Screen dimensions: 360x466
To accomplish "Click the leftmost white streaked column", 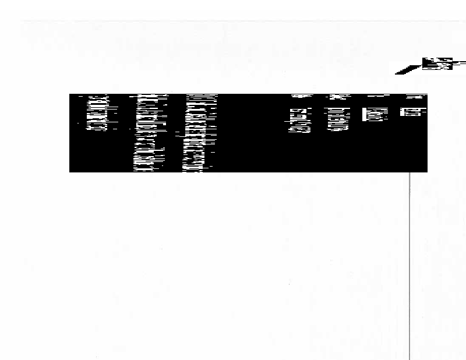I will (97, 114).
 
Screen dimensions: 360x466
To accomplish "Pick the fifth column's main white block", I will (338, 119).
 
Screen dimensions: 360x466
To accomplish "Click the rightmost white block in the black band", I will (413, 112).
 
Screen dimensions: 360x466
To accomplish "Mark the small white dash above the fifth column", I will (337, 97).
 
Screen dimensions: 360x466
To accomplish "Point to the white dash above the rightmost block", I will (416, 96).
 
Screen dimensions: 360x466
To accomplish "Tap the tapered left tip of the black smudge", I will (398, 72).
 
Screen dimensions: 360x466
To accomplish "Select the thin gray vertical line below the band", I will (409, 262).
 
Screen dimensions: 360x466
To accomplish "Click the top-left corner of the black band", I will (70, 94).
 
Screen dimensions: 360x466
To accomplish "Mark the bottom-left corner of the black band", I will (70, 171).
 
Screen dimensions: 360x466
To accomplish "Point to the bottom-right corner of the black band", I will (427, 171).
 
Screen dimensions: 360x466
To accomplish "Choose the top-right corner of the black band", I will (427, 94).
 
